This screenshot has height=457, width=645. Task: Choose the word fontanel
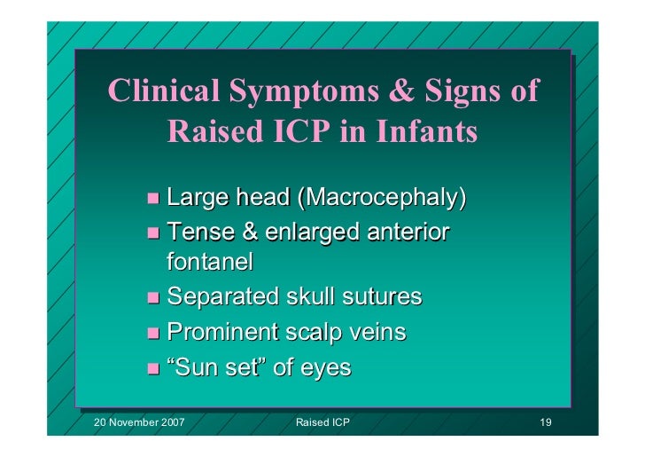210,263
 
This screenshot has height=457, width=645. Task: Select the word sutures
377,296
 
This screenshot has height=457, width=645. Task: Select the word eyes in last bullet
324,368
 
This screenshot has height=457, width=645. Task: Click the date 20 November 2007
139,423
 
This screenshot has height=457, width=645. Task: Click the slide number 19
546,423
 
